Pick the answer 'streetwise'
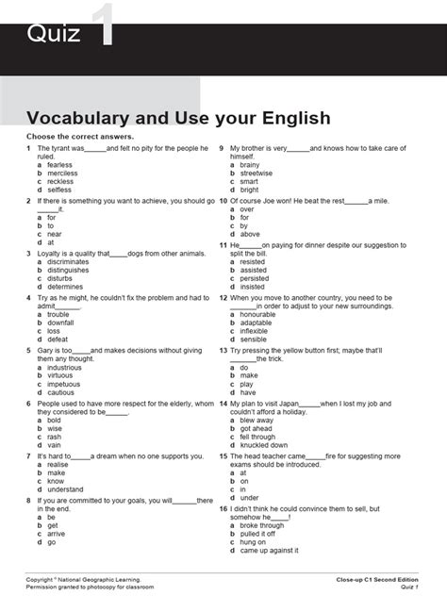[257, 174]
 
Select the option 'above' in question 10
[250, 234]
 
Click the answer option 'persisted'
[255, 278]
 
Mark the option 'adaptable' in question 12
[257, 323]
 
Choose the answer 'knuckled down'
[264, 445]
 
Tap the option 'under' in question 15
[250, 498]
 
